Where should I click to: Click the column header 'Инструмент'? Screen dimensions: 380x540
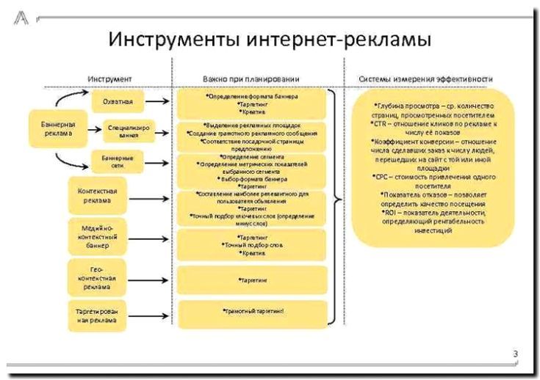pyautogui.click(x=109, y=78)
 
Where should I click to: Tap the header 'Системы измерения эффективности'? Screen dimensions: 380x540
pyautogui.click(x=425, y=78)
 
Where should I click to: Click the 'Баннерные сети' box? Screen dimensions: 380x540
pyautogui.click(x=117, y=161)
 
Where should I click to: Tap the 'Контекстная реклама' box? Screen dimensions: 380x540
pyautogui.click(x=94, y=196)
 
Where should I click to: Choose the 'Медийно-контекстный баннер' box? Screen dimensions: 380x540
pyautogui.click(x=94, y=235)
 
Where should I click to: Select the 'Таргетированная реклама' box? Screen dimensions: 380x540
pyautogui.click(x=94, y=316)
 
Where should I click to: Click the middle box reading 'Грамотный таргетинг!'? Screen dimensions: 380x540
pyautogui.click(x=251, y=312)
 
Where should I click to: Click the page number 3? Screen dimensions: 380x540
pyautogui.click(x=516, y=355)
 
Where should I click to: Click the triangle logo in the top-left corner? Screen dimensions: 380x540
pyautogui.click(x=21, y=19)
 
